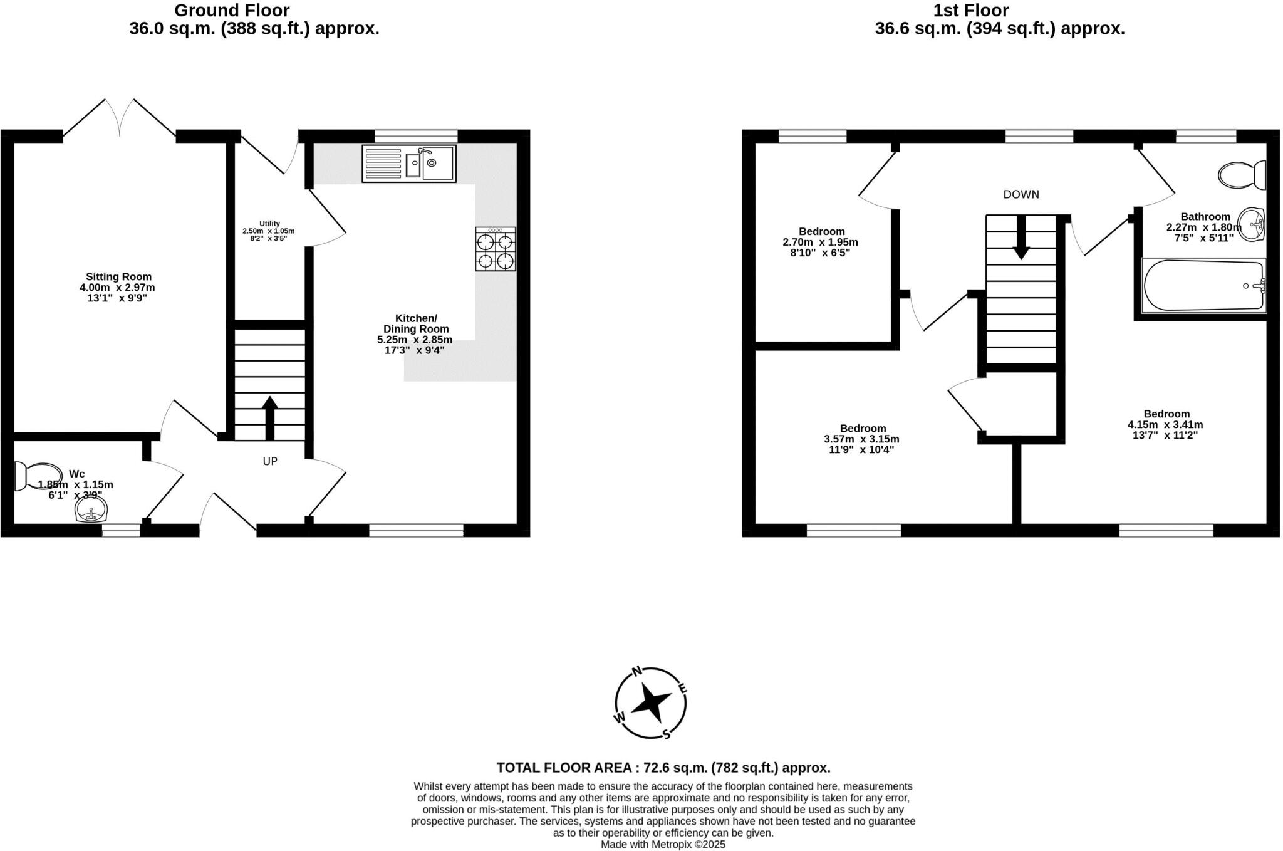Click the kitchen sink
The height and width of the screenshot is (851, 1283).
[x=409, y=164]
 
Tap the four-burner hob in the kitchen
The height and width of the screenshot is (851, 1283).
[x=496, y=249]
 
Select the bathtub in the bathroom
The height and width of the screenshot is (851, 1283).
[x=1203, y=286]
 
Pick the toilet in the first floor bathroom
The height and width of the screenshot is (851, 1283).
[x=1241, y=175]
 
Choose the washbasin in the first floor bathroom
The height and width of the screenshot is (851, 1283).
[x=1253, y=224]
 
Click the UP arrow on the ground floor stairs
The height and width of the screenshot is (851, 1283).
[x=270, y=418]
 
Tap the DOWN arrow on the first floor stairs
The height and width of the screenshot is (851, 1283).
[x=1021, y=238]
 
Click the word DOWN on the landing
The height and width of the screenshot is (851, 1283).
[x=1021, y=194]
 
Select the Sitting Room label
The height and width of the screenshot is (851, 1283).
[x=118, y=276]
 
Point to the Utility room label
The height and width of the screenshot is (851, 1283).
[x=269, y=224]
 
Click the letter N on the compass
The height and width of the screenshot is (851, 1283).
[x=637, y=672]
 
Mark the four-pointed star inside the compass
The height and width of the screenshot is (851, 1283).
[x=652, y=704]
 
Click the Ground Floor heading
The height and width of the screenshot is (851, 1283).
[x=232, y=11]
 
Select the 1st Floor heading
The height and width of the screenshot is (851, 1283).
[x=971, y=11]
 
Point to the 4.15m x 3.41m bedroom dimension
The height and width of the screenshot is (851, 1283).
[x=1165, y=424]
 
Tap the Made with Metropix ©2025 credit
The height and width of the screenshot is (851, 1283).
[x=663, y=845]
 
